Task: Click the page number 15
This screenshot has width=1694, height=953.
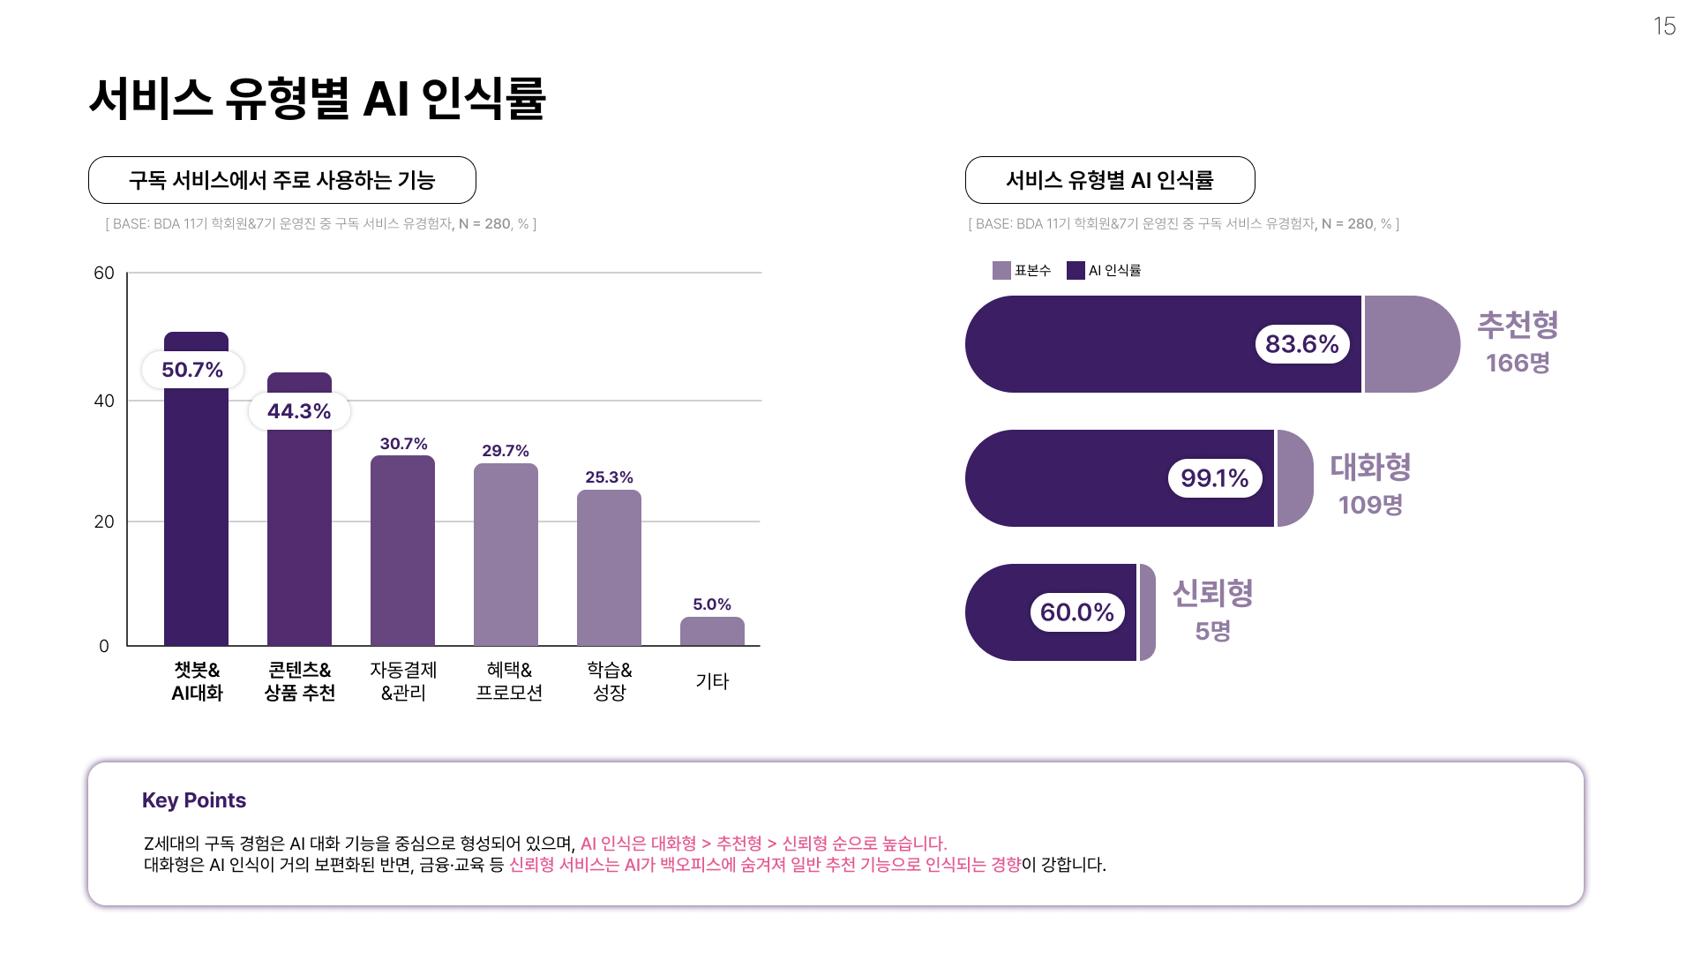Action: (1664, 26)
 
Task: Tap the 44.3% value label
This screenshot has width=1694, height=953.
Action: (299, 411)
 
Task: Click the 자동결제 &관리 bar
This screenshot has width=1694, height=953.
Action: (402, 552)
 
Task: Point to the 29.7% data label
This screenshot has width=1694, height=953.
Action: (506, 451)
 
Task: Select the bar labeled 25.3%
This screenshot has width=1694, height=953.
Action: (609, 569)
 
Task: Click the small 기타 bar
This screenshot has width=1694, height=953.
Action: (712, 632)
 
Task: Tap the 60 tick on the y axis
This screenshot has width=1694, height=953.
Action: (104, 273)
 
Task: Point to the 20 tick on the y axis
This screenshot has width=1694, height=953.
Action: (104, 522)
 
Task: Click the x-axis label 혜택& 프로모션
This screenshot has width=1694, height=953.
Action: (509, 681)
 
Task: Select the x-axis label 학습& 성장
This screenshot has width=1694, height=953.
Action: (609, 681)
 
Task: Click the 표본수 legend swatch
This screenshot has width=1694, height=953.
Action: (1001, 271)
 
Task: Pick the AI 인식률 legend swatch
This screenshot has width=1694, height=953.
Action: (1076, 271)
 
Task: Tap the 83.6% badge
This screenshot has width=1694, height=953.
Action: (1301, 344)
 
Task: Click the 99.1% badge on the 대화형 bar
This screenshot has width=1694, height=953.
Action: (1214, 478)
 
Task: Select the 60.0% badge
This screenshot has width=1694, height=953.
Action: (1076, 612)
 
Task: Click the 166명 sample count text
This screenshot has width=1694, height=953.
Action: (1518, 363)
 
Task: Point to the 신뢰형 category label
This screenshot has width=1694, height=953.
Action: (1212, 593)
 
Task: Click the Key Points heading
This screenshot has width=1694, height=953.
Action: (194, 800)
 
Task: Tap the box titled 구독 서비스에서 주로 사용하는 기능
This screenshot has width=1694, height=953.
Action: (282, 180)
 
